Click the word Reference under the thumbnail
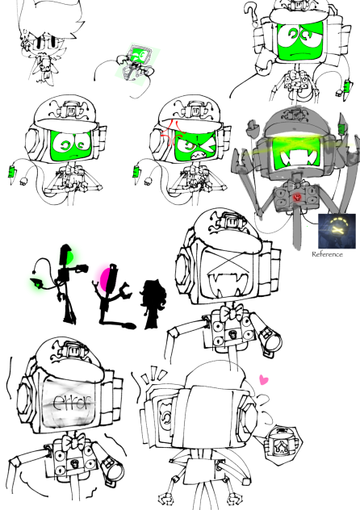tap(327, 254)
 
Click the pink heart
tap(262, 378)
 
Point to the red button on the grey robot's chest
tap(298, 196)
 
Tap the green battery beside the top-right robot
tap(349, 86)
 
